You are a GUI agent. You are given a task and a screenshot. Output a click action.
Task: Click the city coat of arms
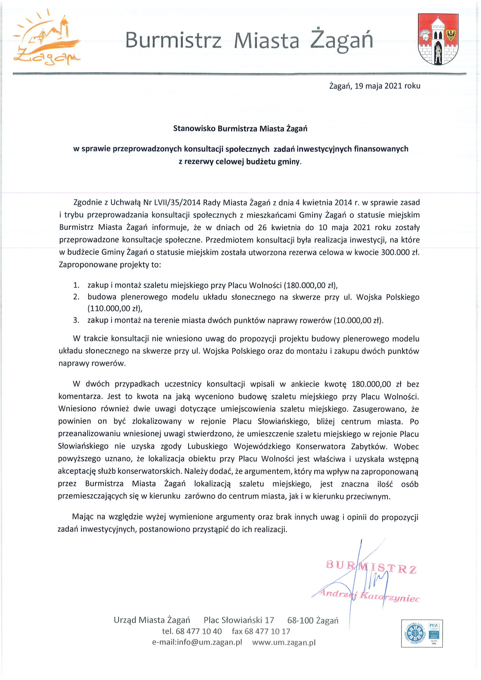click(438, 39)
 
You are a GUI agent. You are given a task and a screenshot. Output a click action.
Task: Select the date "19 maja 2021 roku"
click(387, 86)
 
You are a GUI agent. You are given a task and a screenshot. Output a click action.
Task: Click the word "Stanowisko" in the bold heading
click(194, 128)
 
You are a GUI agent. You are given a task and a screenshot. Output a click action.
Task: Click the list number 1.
click(76, 285)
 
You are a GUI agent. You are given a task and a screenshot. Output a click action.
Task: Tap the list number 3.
click(76, 320)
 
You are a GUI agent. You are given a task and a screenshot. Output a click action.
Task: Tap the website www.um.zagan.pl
click(284, 642)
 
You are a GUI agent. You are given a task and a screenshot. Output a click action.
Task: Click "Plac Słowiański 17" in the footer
click(239, 620)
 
